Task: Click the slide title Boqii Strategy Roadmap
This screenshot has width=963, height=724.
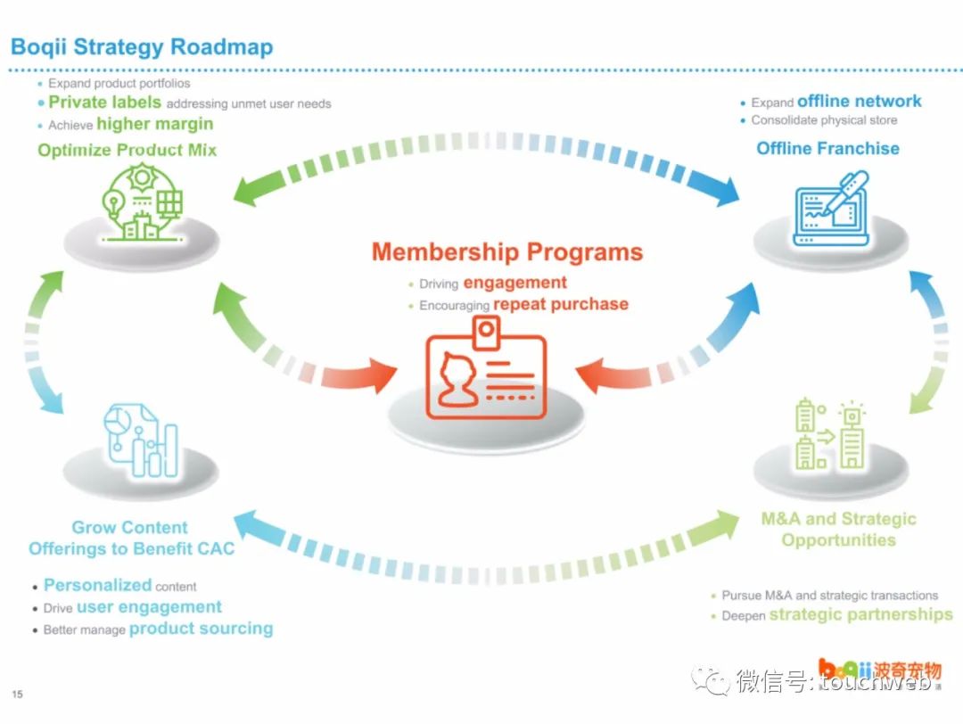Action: [142, 46]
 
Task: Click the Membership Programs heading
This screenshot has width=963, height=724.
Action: [506, 251]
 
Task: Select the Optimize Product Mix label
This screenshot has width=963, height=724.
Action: [127, 150]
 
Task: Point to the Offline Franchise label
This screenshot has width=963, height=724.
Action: [827, 148]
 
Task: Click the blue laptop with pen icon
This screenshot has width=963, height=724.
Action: [830, 210]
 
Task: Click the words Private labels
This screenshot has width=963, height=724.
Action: [104, 103]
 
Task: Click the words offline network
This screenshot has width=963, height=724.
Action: [859, 101]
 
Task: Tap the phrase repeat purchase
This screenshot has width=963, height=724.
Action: [560, 304]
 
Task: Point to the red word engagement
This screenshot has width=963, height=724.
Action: [514, 283]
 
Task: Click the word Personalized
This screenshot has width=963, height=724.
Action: [97, 585]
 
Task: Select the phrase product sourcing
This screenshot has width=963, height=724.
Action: [201, 629]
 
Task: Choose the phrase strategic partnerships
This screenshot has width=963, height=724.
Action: [860, 614]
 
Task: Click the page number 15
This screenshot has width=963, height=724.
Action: [17, 695]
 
